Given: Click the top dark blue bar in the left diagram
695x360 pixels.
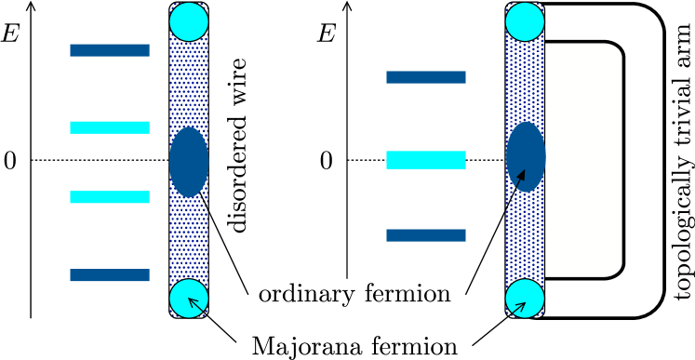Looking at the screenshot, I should click(110, 50).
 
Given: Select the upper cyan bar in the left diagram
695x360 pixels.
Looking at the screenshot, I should click(110, 127).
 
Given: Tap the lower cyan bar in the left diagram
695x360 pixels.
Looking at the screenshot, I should click(110, 197).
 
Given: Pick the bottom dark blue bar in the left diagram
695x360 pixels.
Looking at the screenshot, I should click(110, 275).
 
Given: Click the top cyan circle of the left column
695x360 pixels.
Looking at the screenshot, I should click(189, 21).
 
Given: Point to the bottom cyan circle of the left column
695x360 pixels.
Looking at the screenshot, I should click(189, 298).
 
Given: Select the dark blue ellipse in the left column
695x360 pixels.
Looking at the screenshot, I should click(189, 162).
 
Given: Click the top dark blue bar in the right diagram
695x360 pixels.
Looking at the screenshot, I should click(426, 77).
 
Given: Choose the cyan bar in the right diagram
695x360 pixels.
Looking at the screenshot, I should click(426, 160).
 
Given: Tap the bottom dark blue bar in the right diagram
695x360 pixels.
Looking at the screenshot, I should click(426, 235).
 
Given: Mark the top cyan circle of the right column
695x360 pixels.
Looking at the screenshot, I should click(525, 21).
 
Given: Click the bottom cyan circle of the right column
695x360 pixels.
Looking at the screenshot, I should click(525, 298).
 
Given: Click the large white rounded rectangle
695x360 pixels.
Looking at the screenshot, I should click(583, 160).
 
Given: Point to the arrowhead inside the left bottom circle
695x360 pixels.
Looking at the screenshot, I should click(193, 301).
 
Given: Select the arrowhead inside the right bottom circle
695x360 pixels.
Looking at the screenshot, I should click(521, 306).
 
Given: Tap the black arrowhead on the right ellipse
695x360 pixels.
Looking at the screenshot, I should click(521, 175).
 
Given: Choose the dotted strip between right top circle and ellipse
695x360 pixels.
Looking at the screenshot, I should click(525, 82).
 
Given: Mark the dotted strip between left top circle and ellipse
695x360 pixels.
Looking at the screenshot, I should click(189, 84).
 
